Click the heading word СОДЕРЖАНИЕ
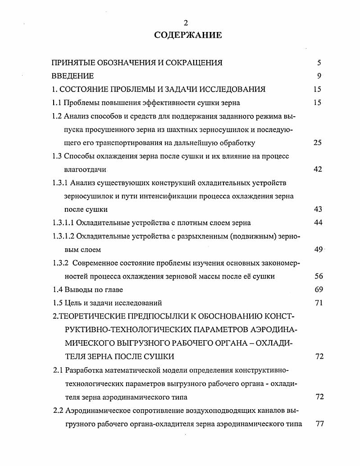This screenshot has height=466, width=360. click(188, 35)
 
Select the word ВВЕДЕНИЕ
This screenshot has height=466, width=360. click(73, 76)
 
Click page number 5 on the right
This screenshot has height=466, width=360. click(319, 63)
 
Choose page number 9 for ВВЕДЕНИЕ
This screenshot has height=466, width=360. click(319, 76)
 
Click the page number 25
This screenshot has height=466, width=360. click(318, 143)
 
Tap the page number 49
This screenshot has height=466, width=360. click(318, 249)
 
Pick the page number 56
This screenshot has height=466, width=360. click(318, 276)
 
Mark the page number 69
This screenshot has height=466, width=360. click(318, 289)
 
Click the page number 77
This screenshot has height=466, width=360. click(319, 424)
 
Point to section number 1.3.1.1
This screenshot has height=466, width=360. click(63, 223)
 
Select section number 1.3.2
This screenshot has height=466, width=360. click(60, 263)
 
